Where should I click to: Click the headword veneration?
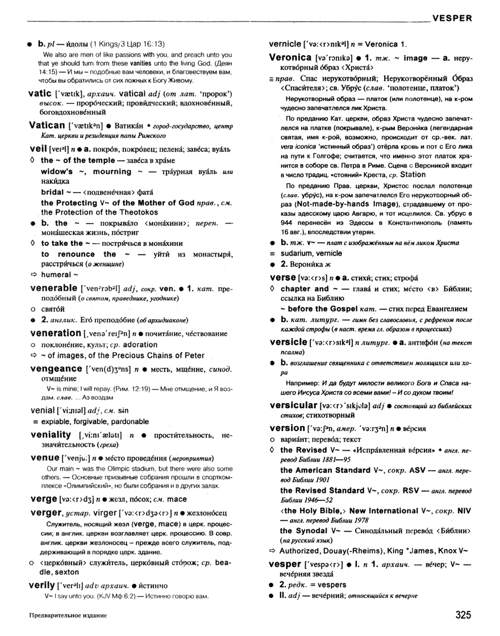pos(55,333)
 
